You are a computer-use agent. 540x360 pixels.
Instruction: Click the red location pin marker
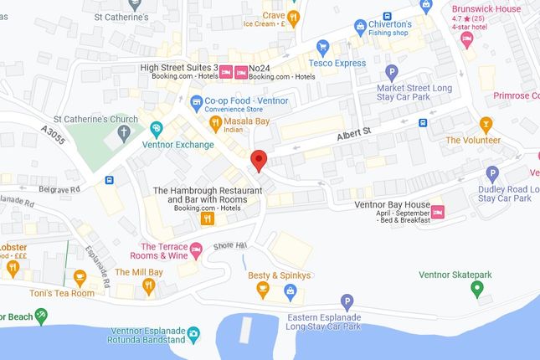pyautogui.click(x=260, y=159)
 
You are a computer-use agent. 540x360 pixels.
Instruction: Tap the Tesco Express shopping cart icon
pyautogui.click(x=322, y=47)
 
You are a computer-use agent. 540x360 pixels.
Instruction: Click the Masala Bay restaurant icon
pyautogui.click(x=214, y=123)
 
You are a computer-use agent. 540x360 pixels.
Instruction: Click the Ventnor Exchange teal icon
pyautogui.click(x=157, y=129)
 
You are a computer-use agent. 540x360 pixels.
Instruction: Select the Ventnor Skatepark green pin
pyautogui.click(x=477, y=290)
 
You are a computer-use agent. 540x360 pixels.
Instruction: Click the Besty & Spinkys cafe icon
pyautogui.click(x=263, y=291)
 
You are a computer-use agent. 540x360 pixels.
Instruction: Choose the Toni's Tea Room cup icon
pyautogui.click(x=80, y=277)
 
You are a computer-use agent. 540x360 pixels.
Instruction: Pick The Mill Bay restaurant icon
pyautogui.click(x=149, y=287)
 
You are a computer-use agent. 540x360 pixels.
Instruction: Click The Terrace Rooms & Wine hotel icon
pyautogui.click(x=197, y=249)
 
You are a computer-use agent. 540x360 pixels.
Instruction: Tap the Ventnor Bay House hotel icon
pyautogui.click(x=437, y=213)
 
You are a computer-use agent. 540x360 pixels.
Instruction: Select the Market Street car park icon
pyautogui.click(x=391, y=72)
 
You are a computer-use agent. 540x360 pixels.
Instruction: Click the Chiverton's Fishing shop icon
pyautogui.click(x=361, y=28)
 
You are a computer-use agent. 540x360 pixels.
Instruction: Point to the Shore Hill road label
pyautogui.click(x=231, y=244)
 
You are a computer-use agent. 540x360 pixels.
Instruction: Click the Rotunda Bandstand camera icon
pyautogui.click(x=194, y=333)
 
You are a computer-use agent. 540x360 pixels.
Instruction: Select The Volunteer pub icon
pyautogui.click(x=473, y=124)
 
